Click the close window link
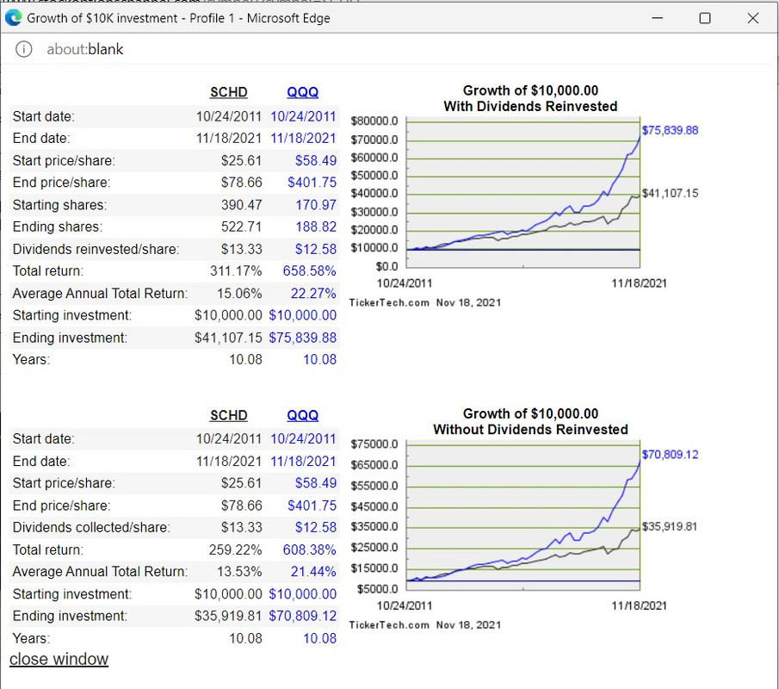coord(59,660)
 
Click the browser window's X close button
coord(752,18)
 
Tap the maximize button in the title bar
coord(705,18)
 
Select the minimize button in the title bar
coord(658,18)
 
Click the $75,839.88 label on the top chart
coord(671,130)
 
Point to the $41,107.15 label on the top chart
coord(671,193)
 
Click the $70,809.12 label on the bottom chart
coord(671,454)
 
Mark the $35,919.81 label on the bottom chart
coord(671,526)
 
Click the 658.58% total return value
coord(309,271)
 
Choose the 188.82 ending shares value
coord(316,227)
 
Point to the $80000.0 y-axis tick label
coord(375,121)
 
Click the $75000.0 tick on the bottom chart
coord(375,444)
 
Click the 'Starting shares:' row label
coord(59,205)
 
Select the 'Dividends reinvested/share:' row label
coord(96,250)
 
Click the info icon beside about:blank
coord(24,49)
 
